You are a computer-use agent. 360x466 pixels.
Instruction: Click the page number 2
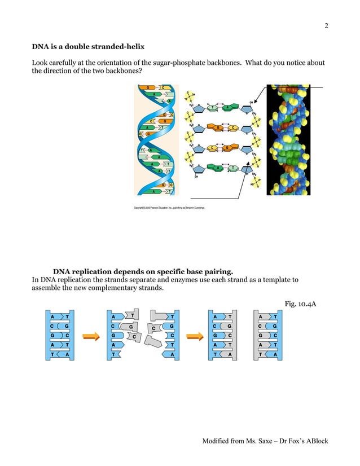(326, 26)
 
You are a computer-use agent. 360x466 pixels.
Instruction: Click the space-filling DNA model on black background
(288, 139)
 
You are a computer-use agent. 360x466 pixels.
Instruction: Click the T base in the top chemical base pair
(213, 107)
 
